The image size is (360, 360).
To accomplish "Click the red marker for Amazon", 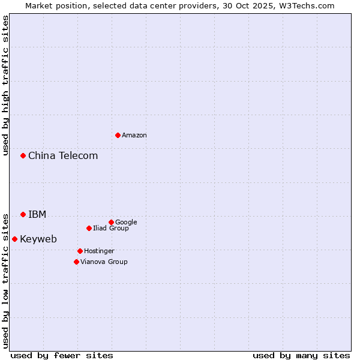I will pyautogui.click(x=118, y=135).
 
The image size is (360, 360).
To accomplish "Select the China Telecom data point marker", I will pyautogui.click(x=23, y=155).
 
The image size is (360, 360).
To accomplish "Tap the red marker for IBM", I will pyautogui.click(x=23, y=214).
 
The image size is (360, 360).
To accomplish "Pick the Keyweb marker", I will pyautogui.click(x=14, y=239).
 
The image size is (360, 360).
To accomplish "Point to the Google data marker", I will pyautogui.click(x=111, y=222).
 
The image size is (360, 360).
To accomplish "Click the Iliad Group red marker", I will pyautogui.click(x=89, y=228).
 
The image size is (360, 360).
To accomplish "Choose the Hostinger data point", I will pyautogui.click(x=80, y=251).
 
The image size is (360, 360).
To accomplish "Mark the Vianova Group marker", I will pyautogui.click(x=76, y=262).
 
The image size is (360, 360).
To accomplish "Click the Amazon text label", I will pyautogui.click(x=134, y=136).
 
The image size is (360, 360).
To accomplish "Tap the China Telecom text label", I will pyautogui.click(x=63, y=156).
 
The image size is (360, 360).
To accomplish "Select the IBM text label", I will pyautogui.click(x=37, y=215).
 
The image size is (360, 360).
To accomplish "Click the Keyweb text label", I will pyautogui.click(x=38, y=239).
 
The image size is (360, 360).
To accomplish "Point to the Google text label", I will pyautogui.click(x=126, y=223).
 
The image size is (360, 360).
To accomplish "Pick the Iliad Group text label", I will pyautogui.click(x=111, y=229).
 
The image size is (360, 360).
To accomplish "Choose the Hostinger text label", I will pyautogui.click(x=99, y=251).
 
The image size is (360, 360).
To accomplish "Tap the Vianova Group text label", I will pyautogui.click(x=104, y=262).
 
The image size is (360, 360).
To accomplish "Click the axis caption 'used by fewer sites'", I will pyautogui.click(x=62, y=355).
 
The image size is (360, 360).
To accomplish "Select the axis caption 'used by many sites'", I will pyautogui.click(x=301, y=355).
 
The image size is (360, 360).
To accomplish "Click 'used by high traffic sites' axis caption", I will pyautogui.click(x=6, y=85).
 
